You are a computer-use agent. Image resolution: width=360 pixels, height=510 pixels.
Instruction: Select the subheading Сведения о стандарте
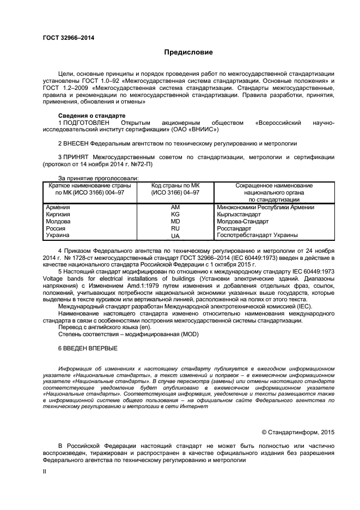(x=91, y=116)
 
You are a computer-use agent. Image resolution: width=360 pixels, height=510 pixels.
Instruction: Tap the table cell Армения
(x=58, y=207)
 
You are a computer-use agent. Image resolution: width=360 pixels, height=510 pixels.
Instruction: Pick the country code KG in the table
(x=175, y=214)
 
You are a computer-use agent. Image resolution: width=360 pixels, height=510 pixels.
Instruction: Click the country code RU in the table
(x=175, y=228)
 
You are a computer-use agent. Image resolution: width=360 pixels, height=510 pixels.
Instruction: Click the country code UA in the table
(x=175, y=236)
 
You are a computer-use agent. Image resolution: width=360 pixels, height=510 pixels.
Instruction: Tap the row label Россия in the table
(x=56, y=228)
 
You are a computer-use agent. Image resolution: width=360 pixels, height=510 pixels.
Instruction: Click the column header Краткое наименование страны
(x=90, y=186)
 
